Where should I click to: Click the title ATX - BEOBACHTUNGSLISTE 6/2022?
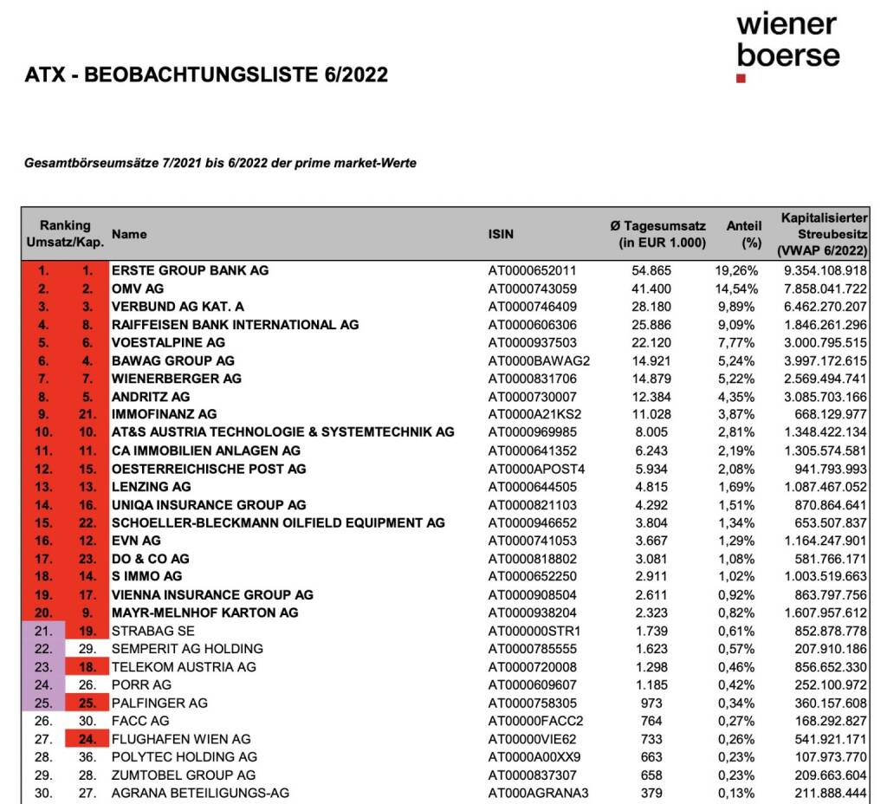tap(206, 75)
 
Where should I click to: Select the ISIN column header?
tap(501, 234)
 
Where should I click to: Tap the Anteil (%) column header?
tap(743, 234)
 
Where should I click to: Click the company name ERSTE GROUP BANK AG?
tap(190, 270)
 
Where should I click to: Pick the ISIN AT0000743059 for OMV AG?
tap(532, 289)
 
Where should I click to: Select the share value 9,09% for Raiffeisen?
tap(736, 325)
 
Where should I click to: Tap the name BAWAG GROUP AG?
tap(172, 360)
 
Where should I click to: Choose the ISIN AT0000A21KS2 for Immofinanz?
tap(534, 414)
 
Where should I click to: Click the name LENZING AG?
tap(151, 487)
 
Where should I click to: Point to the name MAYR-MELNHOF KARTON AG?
tap(204, 613)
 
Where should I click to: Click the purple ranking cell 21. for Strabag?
tap(43, 631)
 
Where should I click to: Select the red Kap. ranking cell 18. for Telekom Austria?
tap(87, 667)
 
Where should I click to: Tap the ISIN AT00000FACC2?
tap(535, 721)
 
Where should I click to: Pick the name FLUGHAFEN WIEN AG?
tap(181, 739)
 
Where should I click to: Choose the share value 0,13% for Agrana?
tap(738, 793)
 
